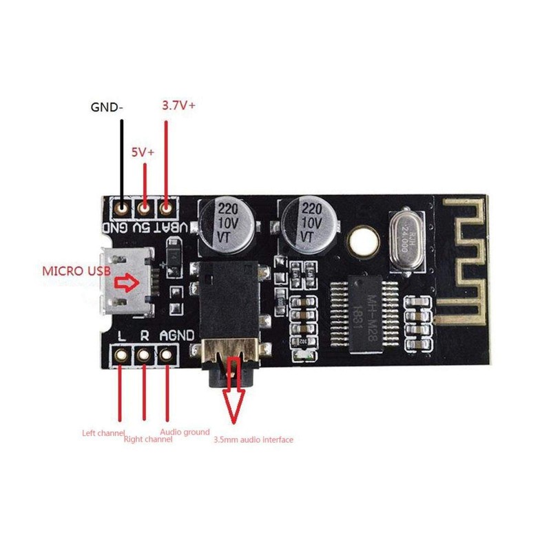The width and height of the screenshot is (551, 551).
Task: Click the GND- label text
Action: click(x=109, y=107)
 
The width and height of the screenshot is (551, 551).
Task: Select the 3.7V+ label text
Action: click(x=178, y=105)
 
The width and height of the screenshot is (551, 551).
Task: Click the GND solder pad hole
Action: click(x=123, y=206)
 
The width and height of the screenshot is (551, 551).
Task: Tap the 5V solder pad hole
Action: click(x=145, y=206)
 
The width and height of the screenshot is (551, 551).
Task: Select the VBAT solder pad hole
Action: click(x=166, y=206)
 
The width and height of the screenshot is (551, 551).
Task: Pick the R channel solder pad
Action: click(x=145, y=356)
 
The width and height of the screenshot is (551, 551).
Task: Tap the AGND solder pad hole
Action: click(x=166, y=356)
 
